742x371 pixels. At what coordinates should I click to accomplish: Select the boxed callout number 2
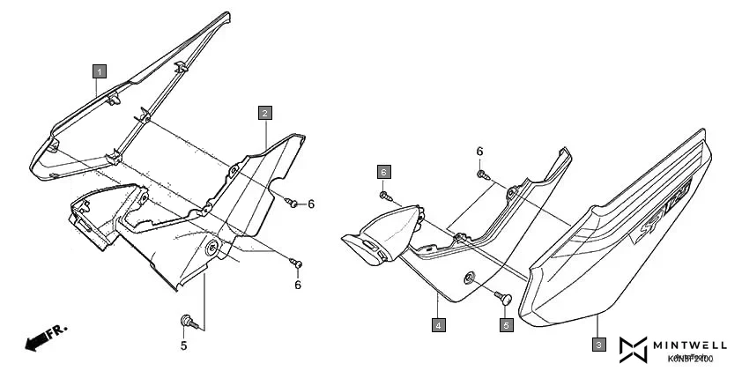(264, 113)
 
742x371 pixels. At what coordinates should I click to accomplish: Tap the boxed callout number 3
(598, 345)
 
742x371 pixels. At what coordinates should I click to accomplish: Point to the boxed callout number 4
(438, 324)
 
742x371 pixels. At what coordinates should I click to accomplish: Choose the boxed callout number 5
(507, 325)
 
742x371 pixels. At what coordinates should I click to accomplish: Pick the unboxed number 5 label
(184, 345)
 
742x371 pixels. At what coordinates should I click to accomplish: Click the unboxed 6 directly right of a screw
(311, 204)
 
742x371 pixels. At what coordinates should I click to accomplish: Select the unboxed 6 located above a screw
(480, 152)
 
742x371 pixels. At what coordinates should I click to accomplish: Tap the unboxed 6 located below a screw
(298, 285)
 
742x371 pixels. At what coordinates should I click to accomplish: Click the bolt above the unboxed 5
(186, 321)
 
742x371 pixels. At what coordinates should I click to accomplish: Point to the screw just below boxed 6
(385, 194)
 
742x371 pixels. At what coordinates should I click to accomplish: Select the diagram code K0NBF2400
(691, 359)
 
